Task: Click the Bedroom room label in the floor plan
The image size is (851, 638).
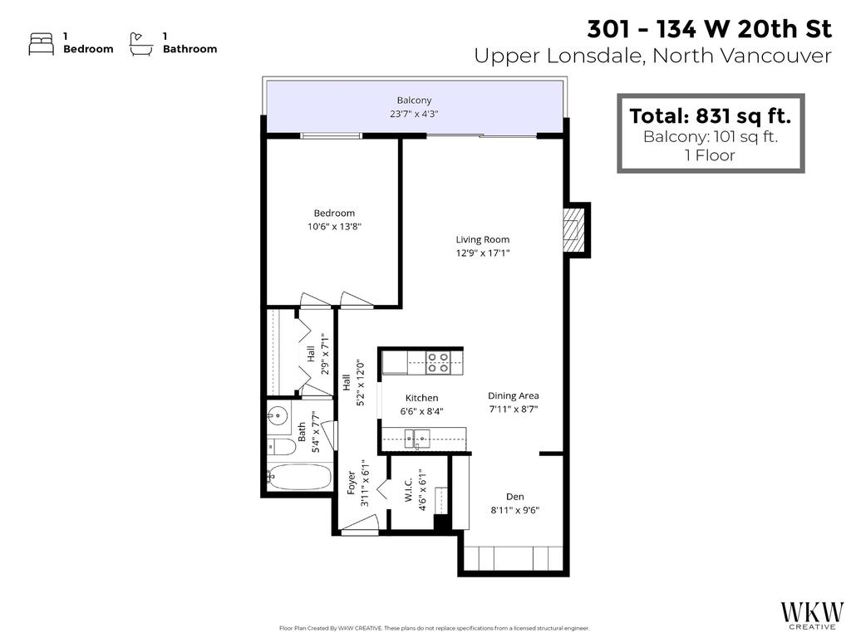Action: [x=334, y=213]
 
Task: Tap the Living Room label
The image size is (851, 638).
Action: [x=482, y=239]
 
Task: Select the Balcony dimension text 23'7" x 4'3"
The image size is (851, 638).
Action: [x=414, y=115]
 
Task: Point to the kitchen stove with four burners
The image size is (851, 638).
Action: [x=438, y=361]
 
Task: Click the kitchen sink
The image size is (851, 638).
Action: [x=413, y=438]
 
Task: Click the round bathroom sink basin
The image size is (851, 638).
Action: [x=278, y=415]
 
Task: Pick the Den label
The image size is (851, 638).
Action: [x=514, y=496]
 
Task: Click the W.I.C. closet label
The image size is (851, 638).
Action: [x=408, y=494]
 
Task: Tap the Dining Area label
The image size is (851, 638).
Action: [x=514, y=395]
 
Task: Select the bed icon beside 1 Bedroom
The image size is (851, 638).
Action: [x=41, y=43]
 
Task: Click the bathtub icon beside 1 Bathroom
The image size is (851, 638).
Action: [x=141, y=43]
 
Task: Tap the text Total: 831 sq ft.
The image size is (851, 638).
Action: [x=710, y=115]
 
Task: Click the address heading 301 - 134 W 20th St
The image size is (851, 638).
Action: [x=709, y=29]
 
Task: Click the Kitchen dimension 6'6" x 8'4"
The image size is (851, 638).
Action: [x=421, y=410]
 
